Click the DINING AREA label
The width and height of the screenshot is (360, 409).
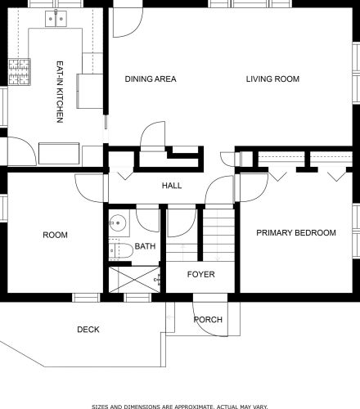point(151,79)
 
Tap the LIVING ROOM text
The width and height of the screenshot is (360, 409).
point(272,79)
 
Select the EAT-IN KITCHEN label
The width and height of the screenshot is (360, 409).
point(60,92)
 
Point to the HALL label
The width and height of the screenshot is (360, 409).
point(172,186)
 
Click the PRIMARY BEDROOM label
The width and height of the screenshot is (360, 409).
point(296,233)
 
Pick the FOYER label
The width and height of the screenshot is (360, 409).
point(201,274)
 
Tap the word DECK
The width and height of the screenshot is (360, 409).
point(88,330)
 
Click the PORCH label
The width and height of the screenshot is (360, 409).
point(208,320)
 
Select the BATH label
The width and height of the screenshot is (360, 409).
point(145,246)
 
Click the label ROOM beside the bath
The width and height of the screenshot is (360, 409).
point(56,235)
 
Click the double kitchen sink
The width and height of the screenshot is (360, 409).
point(56,19)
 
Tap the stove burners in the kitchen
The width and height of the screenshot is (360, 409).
point(19,72)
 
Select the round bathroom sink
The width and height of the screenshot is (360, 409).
point(118,223)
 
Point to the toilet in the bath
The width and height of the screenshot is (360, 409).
point(120,249)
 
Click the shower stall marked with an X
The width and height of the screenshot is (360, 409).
point(134,280)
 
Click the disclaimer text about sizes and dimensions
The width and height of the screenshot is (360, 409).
point(180,407)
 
